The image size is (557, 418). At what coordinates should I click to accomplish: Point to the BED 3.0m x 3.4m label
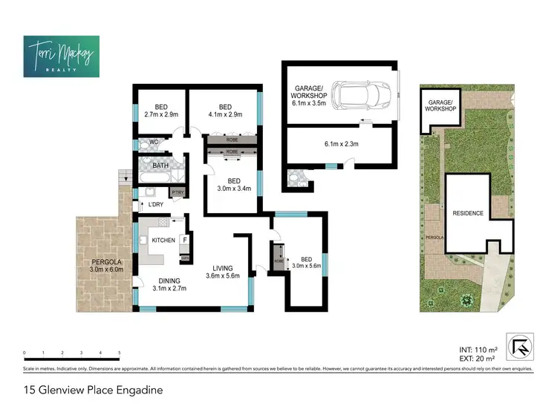coord(233,185)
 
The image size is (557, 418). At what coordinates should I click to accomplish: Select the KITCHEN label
coord(163,241)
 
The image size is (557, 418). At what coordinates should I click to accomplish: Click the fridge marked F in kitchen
coord(185,241)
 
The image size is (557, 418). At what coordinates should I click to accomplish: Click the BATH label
coord(160,166)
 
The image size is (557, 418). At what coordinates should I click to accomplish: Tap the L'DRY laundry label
coord(156,204)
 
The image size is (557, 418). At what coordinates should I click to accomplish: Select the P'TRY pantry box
coord(177,193)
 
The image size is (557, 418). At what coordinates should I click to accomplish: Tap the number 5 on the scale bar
coord(120,353)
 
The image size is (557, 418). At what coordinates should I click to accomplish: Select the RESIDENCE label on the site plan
coord(468,213)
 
